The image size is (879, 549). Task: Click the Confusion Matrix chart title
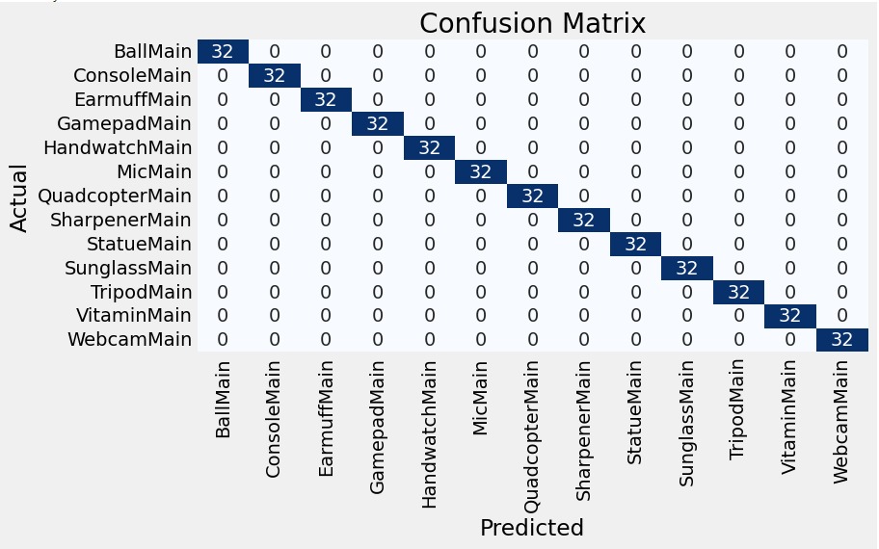click(x=532, y=23)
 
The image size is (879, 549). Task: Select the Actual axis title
click(x=18, y=197)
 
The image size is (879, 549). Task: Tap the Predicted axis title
click(x=532, y=528)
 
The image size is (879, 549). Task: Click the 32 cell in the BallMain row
click(x=223, y=52)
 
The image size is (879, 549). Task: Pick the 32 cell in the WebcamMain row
click(x=842, y=339)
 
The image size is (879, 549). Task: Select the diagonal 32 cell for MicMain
click(x=480, y=172)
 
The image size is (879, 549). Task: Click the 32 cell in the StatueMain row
click(x=635, y=245)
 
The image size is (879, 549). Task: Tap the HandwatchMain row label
click(x=118, y=148)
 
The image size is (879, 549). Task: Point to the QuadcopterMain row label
click(x=115, y=196)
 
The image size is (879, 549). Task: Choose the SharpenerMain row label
click(x=120, y=221)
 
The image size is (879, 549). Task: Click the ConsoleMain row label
click(x=132, y=76)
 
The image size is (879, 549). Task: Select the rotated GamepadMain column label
click(x=377, y=428)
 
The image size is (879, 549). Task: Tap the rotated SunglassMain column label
click(x=686, y=424)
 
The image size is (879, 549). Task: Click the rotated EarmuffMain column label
click(x=325, y=419)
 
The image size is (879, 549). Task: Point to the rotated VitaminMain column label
click(x=789, y=417)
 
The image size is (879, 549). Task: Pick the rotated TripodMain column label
click(x=737, y=410)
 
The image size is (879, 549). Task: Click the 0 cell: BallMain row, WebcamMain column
click(x=842, y=52)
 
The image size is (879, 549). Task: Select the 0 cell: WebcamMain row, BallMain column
click(x=223, y=339)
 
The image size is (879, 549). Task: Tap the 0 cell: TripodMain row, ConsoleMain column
click(x=274, y=293)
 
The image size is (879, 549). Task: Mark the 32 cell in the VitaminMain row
click(x=790, y=316)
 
